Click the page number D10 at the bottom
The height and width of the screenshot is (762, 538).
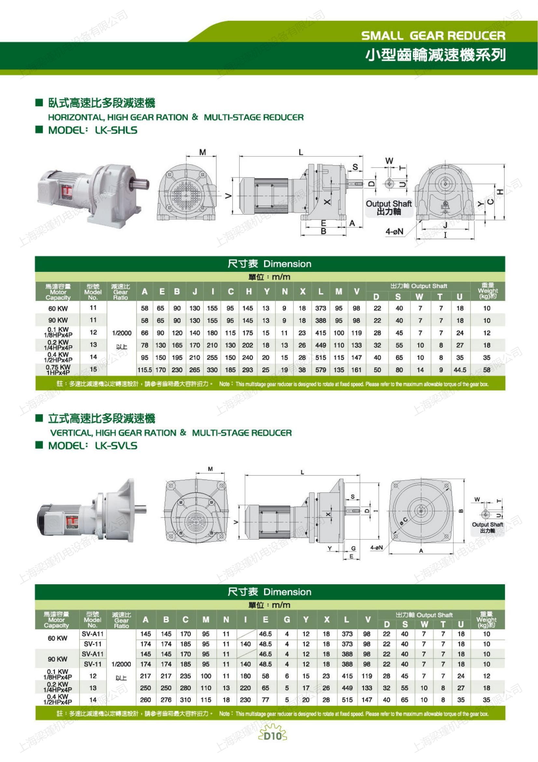coord(272,736)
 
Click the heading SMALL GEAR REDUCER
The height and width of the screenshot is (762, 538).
coord(433,36)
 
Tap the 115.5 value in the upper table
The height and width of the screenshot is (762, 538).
coord(145,370)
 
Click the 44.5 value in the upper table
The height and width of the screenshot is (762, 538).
coord(460,370)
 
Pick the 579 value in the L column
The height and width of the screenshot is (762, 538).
coord(321,370)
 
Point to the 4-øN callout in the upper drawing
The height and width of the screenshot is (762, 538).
coord(394,231)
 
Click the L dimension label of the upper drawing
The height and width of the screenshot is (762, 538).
coord(301,152)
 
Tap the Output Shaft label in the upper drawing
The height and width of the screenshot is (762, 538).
coord(389,203)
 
